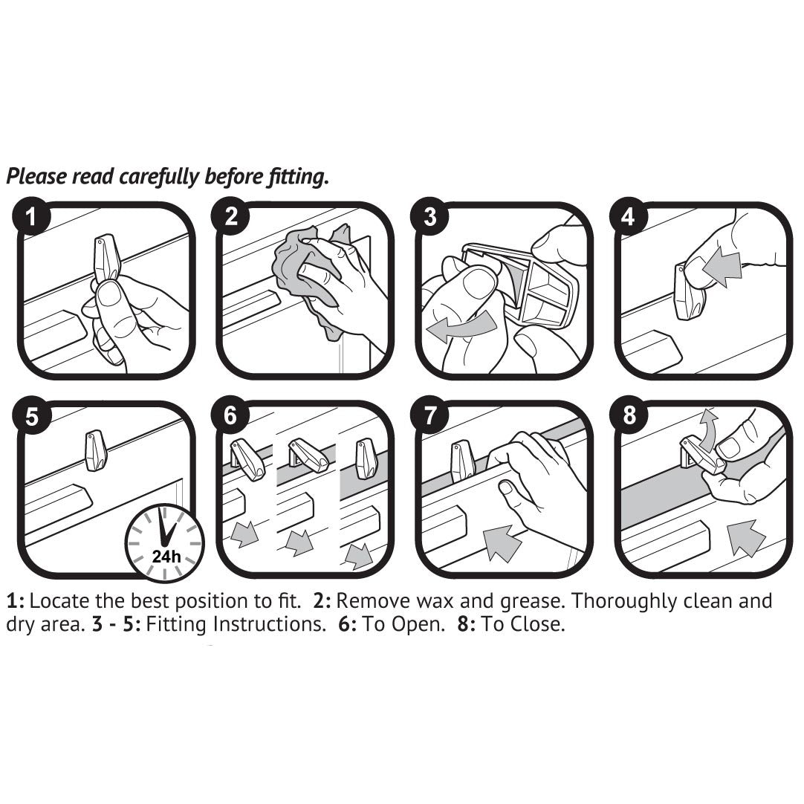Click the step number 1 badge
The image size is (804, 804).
[x=31, y=216]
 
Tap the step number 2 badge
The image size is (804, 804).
[x=230, y=216]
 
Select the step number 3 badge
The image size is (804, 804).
[x=429, y=216]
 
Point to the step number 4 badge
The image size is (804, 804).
[x=629, y=216]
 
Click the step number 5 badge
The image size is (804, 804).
[x=31, y=415]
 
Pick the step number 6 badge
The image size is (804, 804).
[x=230, y=415]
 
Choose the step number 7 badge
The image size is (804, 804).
[x=429, y=415]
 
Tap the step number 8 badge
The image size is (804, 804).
[x=629, y=415]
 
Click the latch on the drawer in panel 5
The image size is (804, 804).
[x=95, y=450]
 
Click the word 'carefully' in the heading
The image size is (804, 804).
[x=159, y=177]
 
